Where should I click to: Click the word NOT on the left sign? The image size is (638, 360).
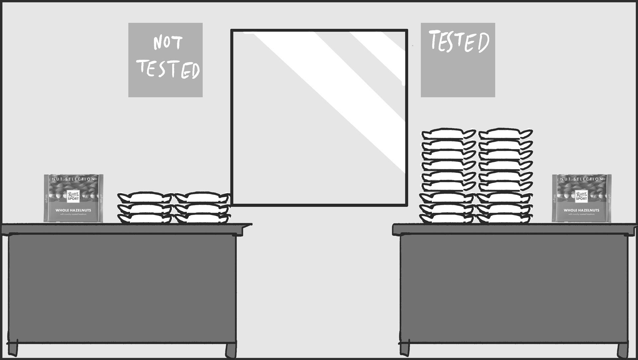(x=167, y=43)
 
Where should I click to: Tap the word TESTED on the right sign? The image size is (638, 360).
(x=459, y=42)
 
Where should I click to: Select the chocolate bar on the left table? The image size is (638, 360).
(x=73, y=198)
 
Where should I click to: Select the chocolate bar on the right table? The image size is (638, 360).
(x=582, y=198)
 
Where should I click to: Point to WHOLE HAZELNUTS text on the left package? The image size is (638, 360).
(x=73, y=210)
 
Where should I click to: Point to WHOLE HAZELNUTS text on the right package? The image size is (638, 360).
(x=582, y=210)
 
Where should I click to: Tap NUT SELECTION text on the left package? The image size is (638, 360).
(x=73, y=179)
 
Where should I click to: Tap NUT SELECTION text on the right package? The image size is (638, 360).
(x=582, y=179)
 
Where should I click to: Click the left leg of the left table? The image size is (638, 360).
(x=13, y=349)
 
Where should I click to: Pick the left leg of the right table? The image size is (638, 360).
(x=404, y=349)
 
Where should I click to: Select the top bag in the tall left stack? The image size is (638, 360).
(x=449, y=134)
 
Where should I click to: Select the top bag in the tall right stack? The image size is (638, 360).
(x=505, y=134)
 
